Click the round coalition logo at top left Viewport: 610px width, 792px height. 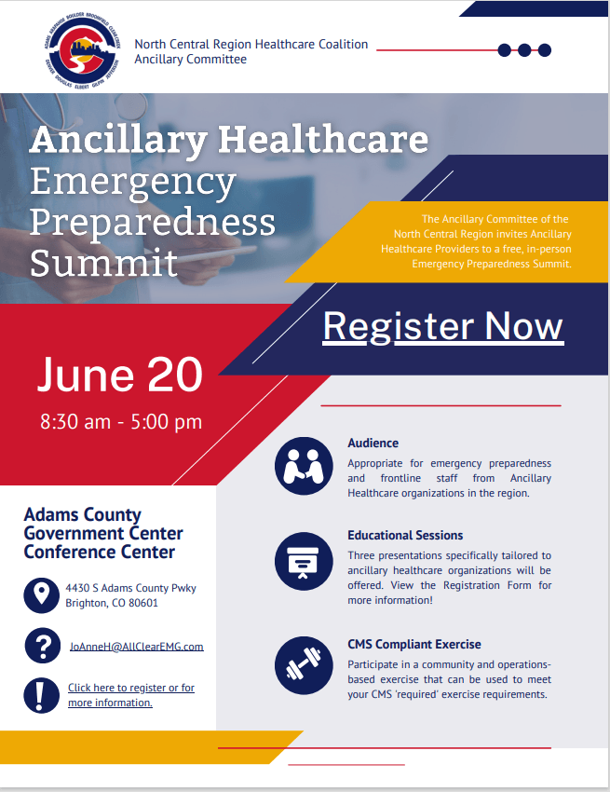(x=82, y=50)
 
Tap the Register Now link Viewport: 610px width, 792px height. (x=443, y=327)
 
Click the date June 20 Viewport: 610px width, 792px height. (x=120, y=375)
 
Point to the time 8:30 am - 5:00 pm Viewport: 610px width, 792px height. (x=121, y=422)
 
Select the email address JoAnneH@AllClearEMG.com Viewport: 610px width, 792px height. (x=136, y=647)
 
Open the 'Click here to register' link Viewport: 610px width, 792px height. (x=131, y=695)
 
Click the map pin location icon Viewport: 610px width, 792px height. (x=41, y=595)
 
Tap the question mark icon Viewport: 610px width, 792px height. (x=43, y=646)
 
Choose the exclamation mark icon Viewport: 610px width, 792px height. (x=41, y=695)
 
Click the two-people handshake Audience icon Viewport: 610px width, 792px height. (x=304, y=466)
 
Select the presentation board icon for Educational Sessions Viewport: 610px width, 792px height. (x=304, y=561)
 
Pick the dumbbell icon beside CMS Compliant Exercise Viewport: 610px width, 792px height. (x=304, y=665)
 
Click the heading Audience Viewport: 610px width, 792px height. (x=373, y=443)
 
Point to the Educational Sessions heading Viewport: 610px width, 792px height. (x=405, y=536)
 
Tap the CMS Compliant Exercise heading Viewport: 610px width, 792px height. (x=414, y=645)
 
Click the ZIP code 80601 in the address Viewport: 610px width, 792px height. (x=143, y=603)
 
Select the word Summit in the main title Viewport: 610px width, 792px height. (x=103, y=262)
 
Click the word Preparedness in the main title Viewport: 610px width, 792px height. (x=153, y=223)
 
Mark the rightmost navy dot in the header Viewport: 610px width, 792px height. (x=545, y=50)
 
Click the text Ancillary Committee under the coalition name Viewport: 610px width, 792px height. (x=190, y=60)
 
